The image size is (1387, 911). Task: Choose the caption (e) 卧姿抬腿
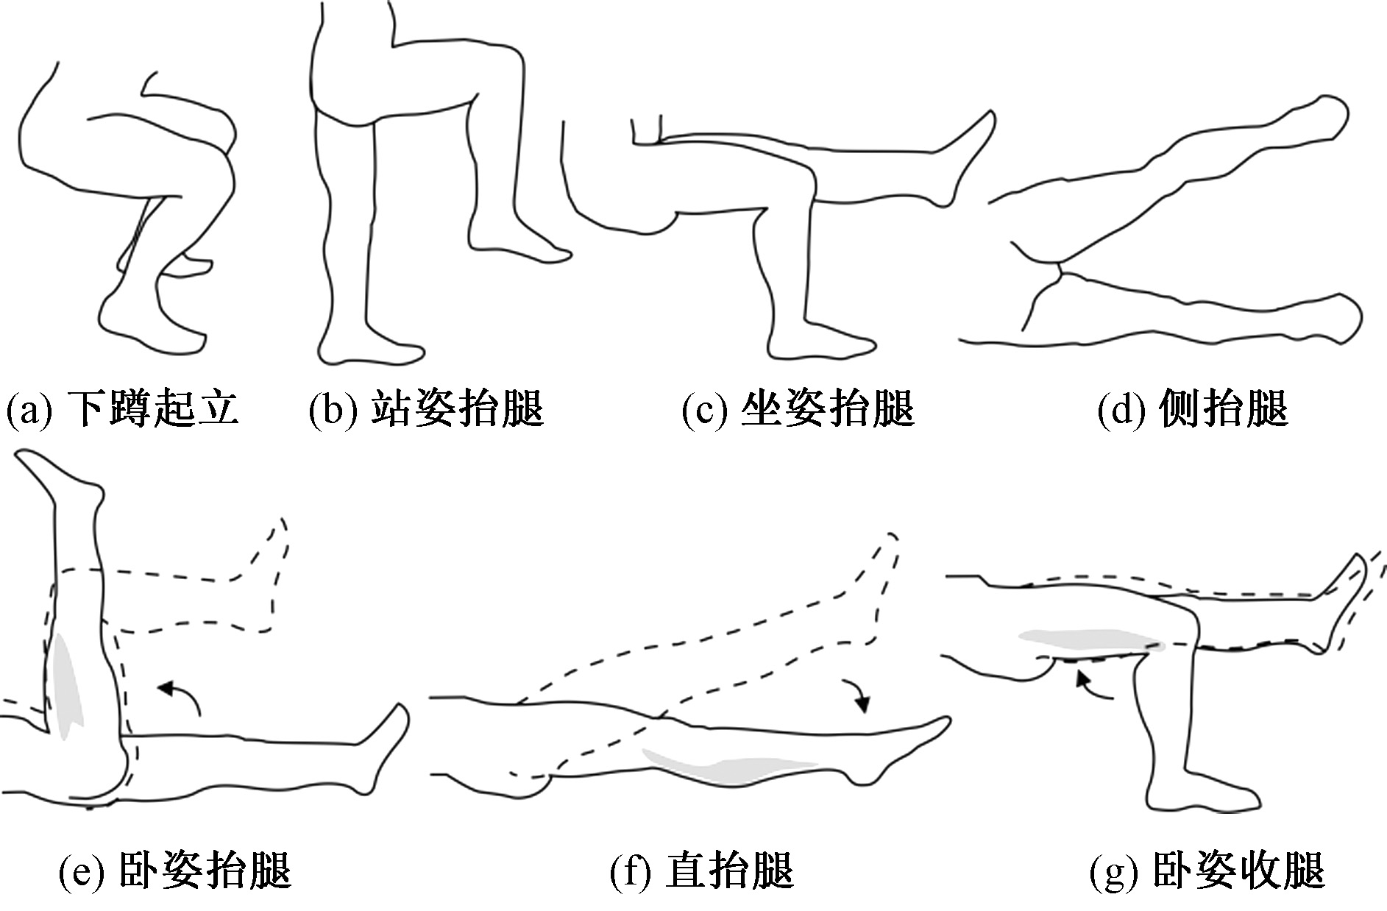(175, 870)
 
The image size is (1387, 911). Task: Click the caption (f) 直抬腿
(703, 870)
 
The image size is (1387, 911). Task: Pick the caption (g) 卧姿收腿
(1207, 870)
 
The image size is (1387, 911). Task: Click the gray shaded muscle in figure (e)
(68, 684)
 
